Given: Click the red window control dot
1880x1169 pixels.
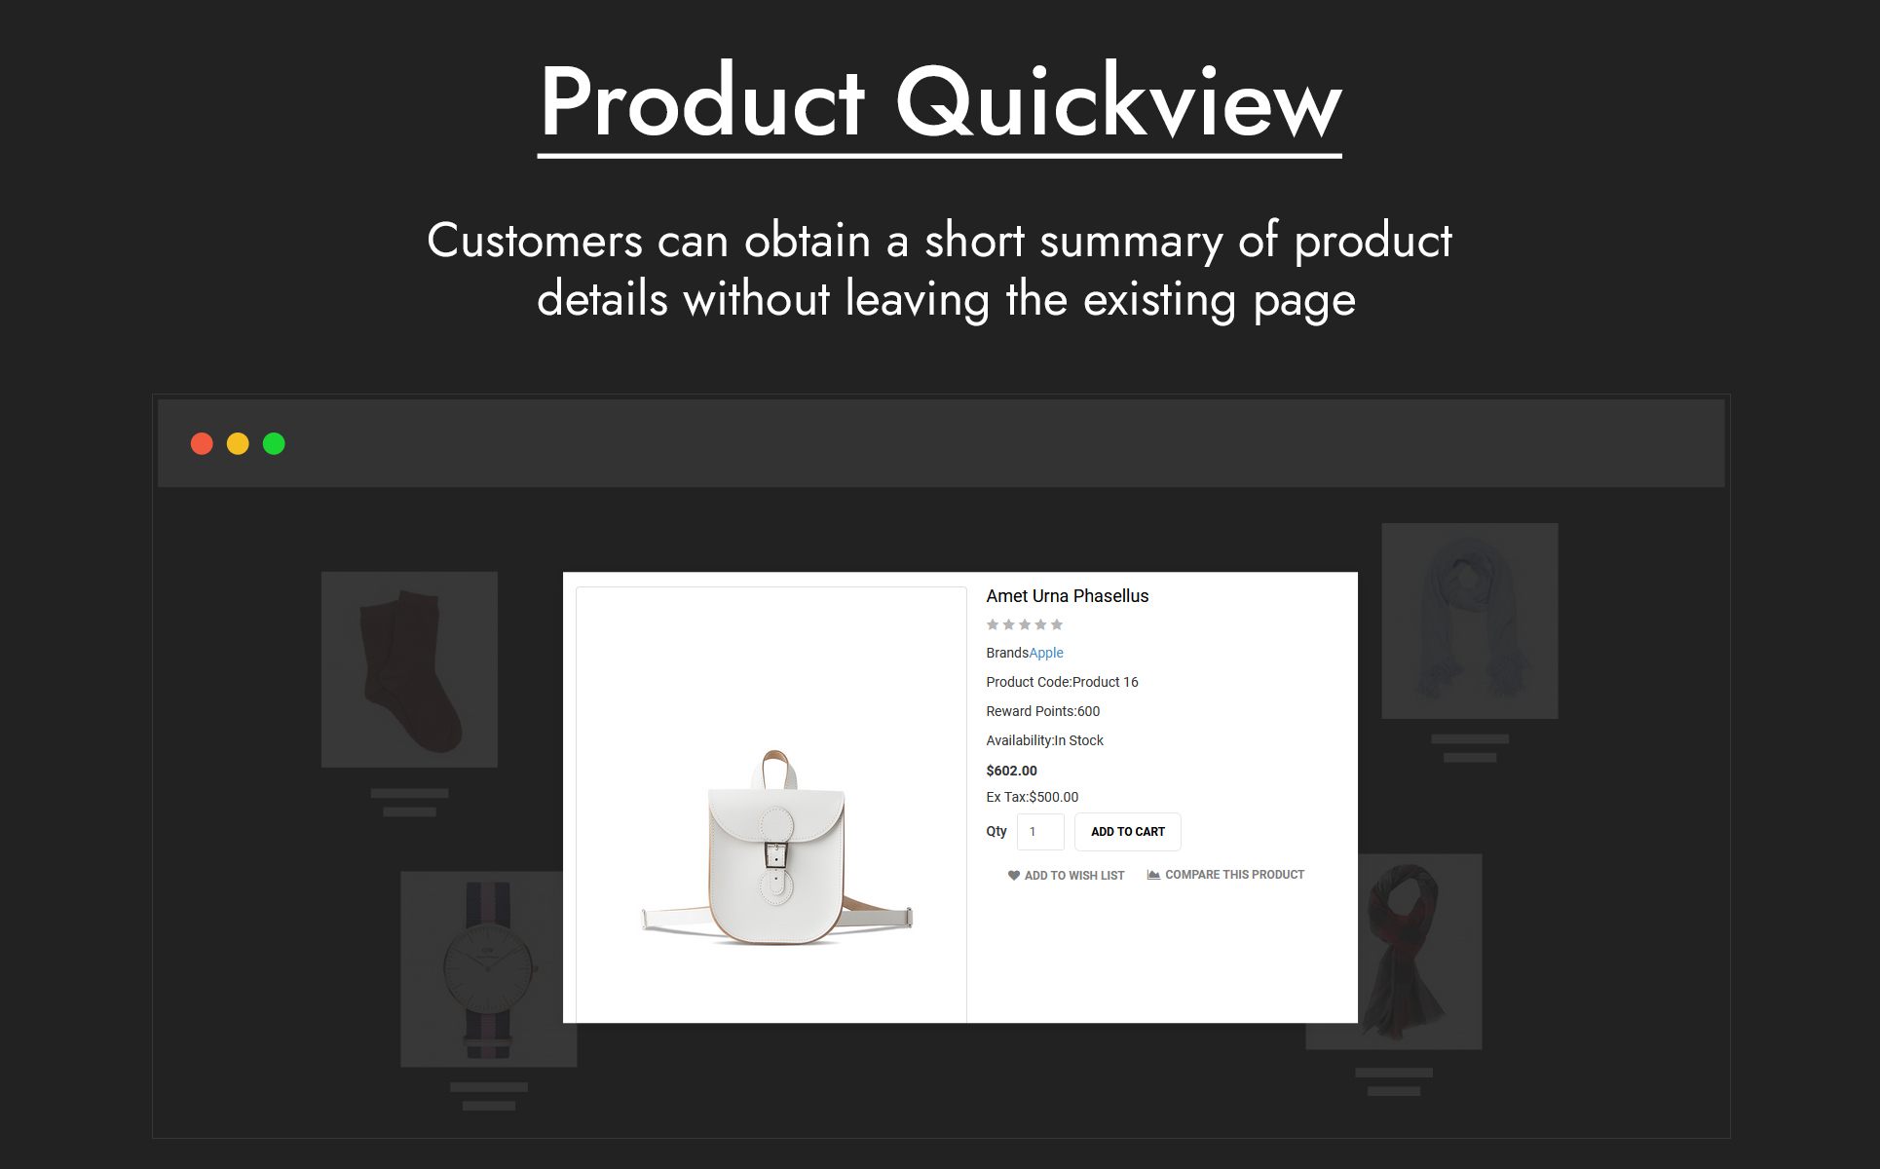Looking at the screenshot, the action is (202, 444).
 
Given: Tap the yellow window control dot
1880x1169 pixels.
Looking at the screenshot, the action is (238, 444).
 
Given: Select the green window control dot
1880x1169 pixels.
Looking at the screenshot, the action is (274, 444).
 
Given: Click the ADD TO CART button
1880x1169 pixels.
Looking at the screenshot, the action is (1127, 832).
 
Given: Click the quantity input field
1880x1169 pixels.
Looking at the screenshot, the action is (1040, 832).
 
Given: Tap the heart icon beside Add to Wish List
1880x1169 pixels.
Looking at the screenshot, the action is (1014, 876).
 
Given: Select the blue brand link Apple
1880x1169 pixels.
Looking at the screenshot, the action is (1046, 653).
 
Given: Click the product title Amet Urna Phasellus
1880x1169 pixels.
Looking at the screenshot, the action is (1068, 596).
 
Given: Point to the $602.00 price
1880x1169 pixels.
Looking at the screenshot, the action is (1011, 771).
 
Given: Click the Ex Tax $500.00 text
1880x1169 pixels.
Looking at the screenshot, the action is (1033, 797).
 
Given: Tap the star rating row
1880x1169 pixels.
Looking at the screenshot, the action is (1025, 624).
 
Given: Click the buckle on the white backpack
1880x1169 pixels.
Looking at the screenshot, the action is (775, 854).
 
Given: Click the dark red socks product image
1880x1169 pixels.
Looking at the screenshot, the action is (409, 670).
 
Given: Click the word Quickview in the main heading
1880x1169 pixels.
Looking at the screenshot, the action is (1118, 101).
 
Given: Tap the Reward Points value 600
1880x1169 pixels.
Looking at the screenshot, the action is (1089, 711).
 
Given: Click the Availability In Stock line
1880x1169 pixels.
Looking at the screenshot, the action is (1044, 740).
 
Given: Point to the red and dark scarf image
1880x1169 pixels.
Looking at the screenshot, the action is (1403, 952).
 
